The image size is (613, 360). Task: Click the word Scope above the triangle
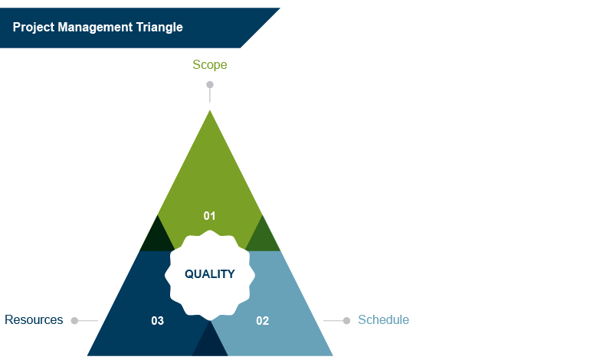click(x=209, y=65)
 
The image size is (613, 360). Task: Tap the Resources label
click(x=34, y=319)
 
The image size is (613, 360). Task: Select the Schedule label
click(x=383, y=319)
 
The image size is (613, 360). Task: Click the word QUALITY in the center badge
click(x=209, y=273)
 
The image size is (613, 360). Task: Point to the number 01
click(x=209, y=216)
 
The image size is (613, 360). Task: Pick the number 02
click(x=262, y=321)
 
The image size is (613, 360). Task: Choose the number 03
click(x=157, y=321)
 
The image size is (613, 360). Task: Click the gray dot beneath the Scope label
click(x=209, y=85)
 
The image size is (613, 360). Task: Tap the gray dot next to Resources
click(x=74, y=321)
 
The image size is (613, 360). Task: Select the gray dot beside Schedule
click(x=346, y=320)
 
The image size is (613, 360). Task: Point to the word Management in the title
click(x=97, y=27)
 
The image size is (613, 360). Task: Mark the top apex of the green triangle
click(x=209, y=112)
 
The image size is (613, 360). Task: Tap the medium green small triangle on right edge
click(x=263, y=237)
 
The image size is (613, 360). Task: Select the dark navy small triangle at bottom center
click(x=210, y=343)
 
